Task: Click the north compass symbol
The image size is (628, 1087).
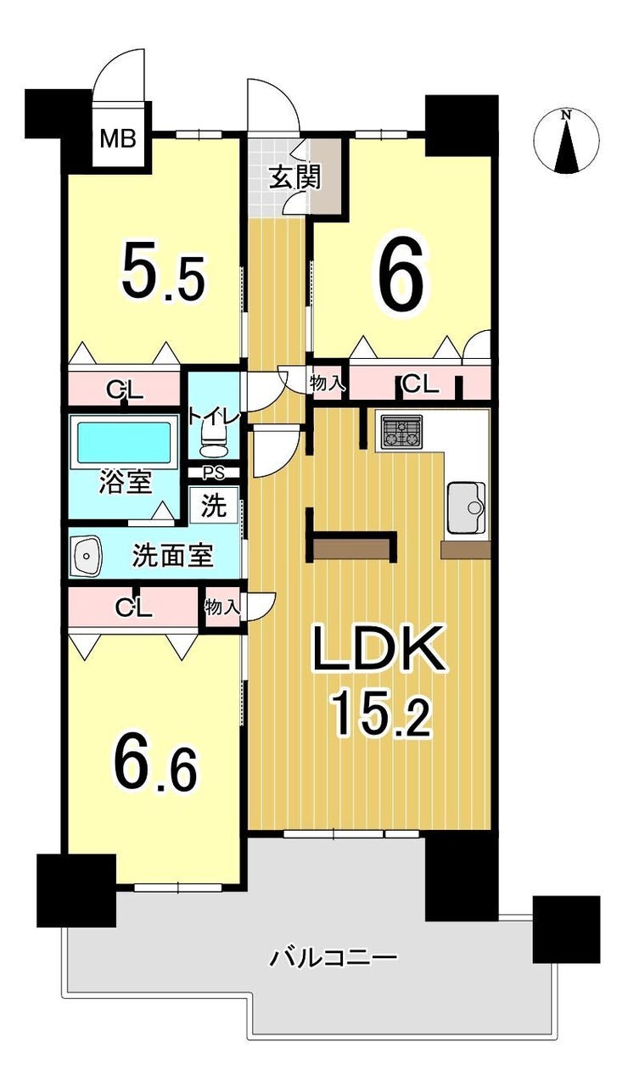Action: coord(567,141)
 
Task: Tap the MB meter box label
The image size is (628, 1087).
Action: coord(119,138)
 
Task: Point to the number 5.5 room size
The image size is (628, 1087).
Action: coord(164,272)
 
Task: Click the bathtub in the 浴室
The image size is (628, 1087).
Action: coord(124,441)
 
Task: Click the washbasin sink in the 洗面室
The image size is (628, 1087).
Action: coord(87,556)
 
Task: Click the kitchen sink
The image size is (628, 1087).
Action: coord(464,508)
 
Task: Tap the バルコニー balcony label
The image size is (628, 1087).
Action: coord(334,959)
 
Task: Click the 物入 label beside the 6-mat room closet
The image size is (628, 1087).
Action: coord(327,384)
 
